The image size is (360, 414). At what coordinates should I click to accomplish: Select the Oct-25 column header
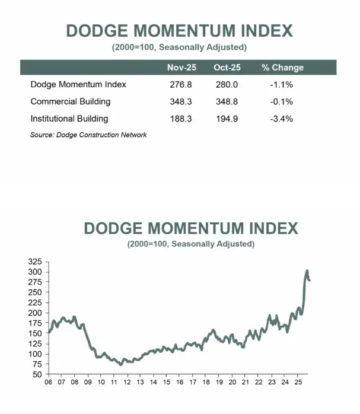coord(226,68)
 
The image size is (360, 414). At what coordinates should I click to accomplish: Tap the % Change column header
coord(282,68)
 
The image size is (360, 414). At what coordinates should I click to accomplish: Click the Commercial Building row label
coord(70,101)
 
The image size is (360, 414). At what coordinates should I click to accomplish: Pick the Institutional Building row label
coord(69,119)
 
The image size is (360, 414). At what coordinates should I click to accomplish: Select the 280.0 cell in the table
coord(226,84)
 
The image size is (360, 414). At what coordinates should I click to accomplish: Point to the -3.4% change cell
coord(282,119)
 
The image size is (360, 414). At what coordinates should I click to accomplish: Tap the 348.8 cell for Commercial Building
coord(226,101)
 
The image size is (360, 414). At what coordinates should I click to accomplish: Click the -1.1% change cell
coord(282,84)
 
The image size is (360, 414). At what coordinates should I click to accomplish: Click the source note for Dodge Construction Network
coord(88,135)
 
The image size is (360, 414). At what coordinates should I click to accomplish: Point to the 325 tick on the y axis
coord(36,262)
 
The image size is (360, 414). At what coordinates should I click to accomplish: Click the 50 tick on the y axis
coord(38,375)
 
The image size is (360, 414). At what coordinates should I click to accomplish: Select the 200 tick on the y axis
coord(36,313)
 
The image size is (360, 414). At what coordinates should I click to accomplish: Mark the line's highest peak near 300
coord(307,271)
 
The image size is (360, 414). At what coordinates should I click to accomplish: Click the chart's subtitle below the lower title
coord(191,244)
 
